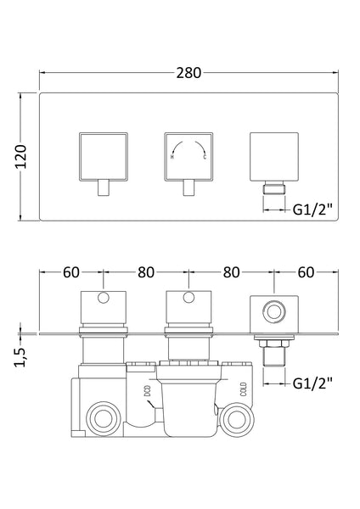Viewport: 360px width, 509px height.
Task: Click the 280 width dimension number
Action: click(x=188, y=73)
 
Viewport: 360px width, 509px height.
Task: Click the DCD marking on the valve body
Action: click(x=146, y=395)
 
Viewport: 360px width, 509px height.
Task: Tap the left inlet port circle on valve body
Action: click(x=104, y=417)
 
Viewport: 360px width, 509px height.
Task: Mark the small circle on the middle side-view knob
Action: click(x=188, y=299)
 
